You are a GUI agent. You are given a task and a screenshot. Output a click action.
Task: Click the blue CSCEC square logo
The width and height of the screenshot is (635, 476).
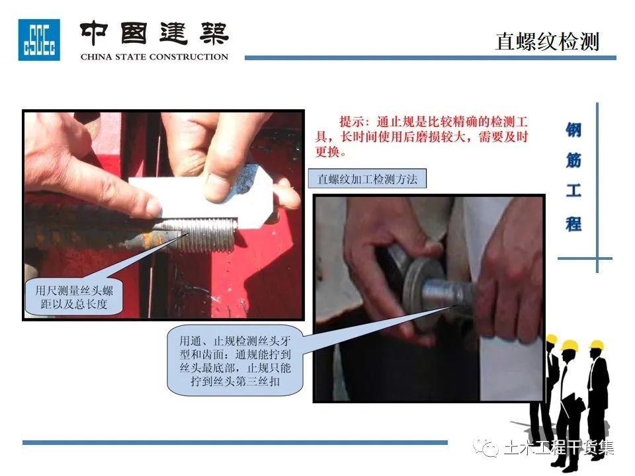pos(39,40)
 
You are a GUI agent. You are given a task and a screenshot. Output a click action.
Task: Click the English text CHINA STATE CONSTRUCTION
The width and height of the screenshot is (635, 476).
pos(154,57)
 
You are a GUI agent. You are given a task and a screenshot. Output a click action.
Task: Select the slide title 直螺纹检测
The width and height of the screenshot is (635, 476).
pos(547,42)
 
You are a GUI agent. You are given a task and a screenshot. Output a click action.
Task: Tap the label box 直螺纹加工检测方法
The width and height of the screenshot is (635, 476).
pos(367,179)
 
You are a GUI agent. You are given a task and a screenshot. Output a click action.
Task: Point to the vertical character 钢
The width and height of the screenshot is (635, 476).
pos(573,130)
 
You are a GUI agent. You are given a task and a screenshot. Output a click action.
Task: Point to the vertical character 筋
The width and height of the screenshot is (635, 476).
pos(573,161)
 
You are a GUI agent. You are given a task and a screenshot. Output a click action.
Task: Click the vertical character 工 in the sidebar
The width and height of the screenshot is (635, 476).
pos(573,190)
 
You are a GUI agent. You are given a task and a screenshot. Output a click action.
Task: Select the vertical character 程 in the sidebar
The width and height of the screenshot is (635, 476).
pos(573,223)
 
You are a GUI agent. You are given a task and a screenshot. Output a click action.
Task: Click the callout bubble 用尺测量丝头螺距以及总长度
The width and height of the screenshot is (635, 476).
pos(73,297)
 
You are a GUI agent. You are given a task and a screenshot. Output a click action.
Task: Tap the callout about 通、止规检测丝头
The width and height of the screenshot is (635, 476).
pos(235,360)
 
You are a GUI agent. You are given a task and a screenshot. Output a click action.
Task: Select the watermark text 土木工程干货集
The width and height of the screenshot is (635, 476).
pos(559,448)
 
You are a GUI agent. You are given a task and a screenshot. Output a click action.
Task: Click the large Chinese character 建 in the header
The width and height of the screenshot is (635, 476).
pos(174,33)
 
